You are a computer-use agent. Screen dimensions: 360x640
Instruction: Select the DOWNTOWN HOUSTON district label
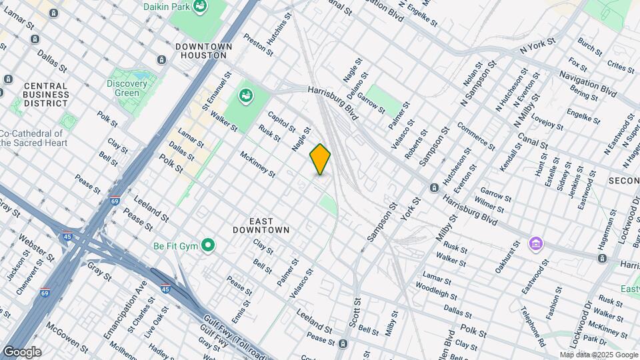pos(203,51)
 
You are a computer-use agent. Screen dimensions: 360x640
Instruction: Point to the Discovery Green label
pos(127,88)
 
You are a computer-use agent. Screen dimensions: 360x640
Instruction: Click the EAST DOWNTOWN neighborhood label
pos(261,225)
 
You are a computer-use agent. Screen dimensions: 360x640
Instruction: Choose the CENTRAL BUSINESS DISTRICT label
pos(45,95)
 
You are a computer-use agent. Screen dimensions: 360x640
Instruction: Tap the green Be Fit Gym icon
pos(209,246)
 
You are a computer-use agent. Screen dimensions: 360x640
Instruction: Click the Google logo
pos(21,351)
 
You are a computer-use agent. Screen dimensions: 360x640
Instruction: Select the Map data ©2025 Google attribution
pos(598,355)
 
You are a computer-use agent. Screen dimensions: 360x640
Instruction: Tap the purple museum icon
pos(535,244)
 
